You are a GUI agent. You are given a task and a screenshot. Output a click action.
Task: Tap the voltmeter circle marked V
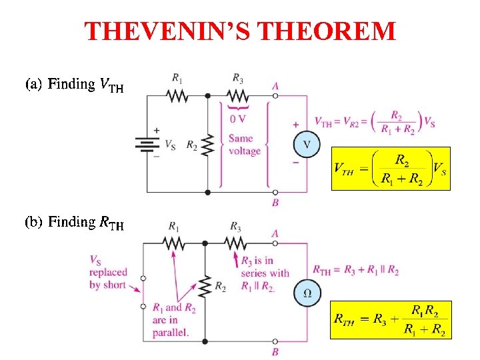306,145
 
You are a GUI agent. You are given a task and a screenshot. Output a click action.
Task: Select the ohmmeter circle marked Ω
307,293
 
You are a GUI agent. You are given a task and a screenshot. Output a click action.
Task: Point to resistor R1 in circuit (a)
177,96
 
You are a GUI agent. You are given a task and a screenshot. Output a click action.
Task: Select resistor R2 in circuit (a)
207,144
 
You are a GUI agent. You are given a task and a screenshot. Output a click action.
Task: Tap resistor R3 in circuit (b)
235,243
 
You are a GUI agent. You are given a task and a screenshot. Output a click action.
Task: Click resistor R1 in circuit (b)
174,243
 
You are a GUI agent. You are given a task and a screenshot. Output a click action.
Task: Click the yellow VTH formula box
391,168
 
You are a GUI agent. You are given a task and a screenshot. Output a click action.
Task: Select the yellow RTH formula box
391,320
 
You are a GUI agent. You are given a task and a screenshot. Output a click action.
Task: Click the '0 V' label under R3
237,119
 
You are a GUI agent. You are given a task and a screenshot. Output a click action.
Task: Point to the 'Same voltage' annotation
244,145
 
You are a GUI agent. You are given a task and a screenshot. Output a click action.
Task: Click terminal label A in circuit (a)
275,85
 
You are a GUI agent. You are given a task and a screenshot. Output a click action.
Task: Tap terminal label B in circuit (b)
275,351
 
